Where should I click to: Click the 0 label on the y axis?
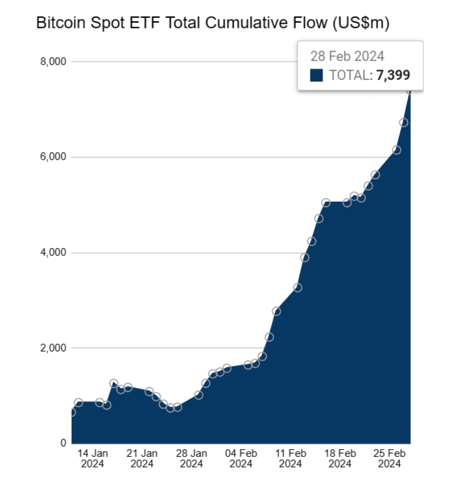click(62, 443)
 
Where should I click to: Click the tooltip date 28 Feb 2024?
click(347, 56)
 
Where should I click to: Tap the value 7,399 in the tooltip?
click(393, 75)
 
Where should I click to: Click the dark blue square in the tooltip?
click(316, 75)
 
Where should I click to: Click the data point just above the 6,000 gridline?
click(397, 150)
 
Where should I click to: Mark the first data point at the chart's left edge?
click(72, 412)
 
